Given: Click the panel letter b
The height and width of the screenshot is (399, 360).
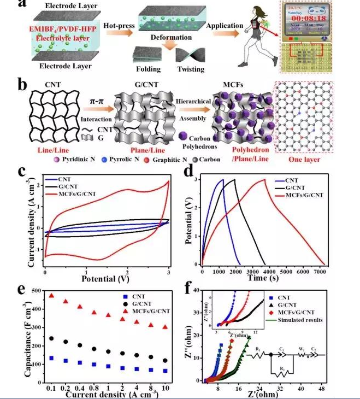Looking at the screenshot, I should click(x=23, y=86).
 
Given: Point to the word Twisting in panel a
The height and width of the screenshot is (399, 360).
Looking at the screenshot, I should click(x=191, y=69).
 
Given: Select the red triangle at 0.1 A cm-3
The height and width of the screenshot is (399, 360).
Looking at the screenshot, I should click(x=51, y=296).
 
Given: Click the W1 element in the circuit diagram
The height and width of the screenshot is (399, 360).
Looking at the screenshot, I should click(x=299, y=355).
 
